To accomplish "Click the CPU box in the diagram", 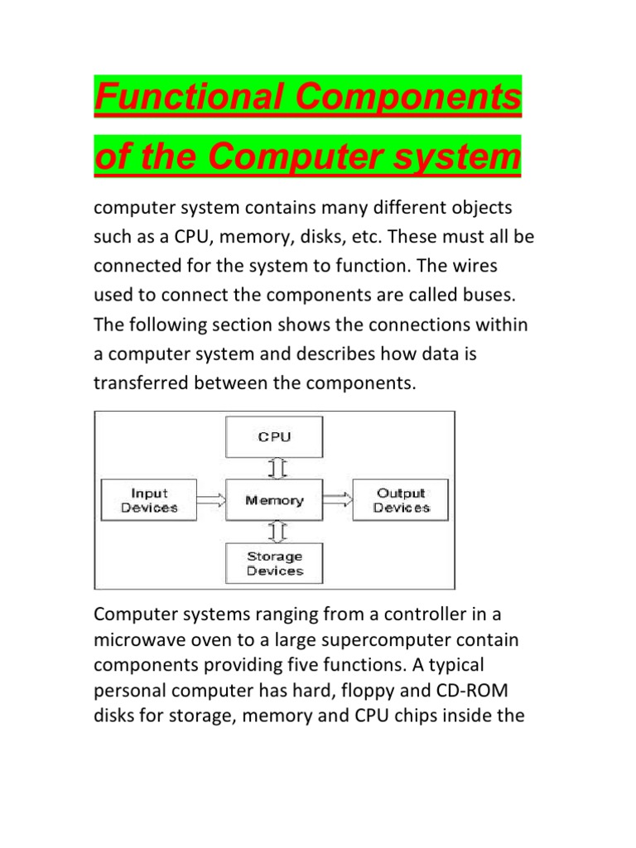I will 274,437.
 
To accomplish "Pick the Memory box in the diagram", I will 274,500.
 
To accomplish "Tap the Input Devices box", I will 149,500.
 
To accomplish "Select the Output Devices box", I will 402,500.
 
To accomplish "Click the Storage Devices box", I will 274,563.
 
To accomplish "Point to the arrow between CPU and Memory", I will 276,469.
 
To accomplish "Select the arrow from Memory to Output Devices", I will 337,500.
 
